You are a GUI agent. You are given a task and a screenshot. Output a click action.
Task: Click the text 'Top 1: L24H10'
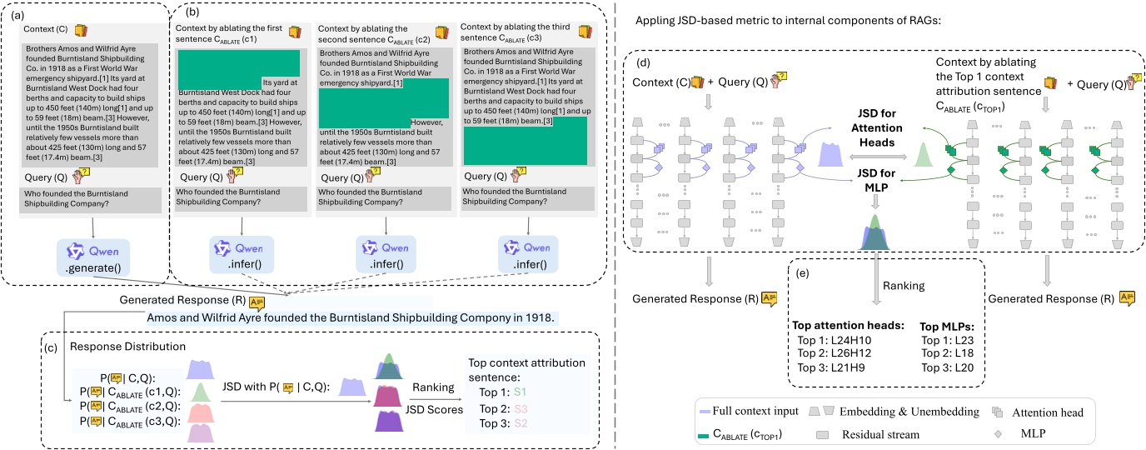pyautogui.click(x=840, y=340)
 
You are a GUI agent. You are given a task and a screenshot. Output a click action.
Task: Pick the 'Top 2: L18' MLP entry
pyautogui.click(x=948, y=353)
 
